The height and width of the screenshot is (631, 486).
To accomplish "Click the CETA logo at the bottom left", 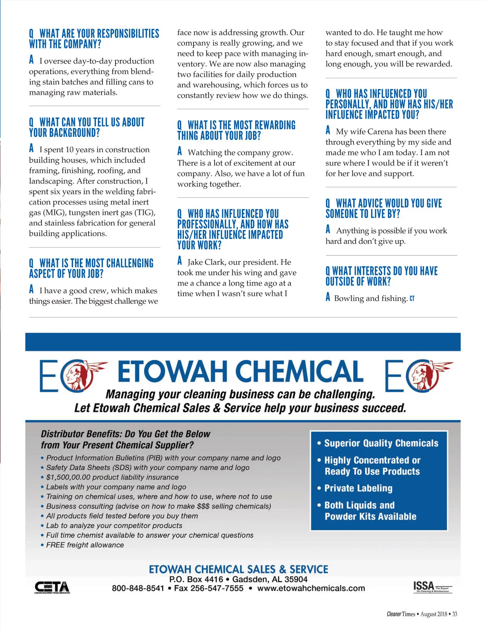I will [x=52, y=587].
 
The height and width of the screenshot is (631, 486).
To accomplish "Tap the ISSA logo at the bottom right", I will [x=432, y=586].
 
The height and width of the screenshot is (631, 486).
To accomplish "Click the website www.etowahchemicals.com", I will [x=311, y=588].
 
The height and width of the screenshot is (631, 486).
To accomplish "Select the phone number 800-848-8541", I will [x=138, y=588].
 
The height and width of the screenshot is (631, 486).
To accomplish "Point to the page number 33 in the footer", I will [x=454, y=614].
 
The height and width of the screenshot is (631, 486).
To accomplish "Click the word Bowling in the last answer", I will [x=349, y=298].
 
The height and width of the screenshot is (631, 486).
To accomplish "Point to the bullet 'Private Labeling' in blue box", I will [x=358, y=488].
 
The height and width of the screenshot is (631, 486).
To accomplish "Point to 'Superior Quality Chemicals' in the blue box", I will [x=381, y=443].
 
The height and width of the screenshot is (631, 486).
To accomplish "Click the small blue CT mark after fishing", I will [x=412, y=299].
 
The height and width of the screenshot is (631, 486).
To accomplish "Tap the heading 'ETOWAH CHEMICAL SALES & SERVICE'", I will [x=239, y=569].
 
